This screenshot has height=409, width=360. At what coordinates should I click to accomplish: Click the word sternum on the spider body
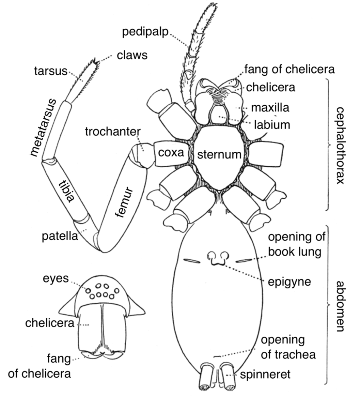219,155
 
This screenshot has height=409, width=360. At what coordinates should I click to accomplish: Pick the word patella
60,236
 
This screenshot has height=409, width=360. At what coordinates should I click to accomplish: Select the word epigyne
289,282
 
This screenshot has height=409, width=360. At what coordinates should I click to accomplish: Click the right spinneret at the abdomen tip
228,377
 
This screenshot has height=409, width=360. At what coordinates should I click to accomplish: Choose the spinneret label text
265,374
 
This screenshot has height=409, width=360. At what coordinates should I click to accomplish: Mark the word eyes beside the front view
56,278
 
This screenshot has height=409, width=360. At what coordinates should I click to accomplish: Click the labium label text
272,125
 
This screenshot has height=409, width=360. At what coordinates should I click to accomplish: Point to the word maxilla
270,107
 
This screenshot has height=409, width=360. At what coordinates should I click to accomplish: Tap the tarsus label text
51,71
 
